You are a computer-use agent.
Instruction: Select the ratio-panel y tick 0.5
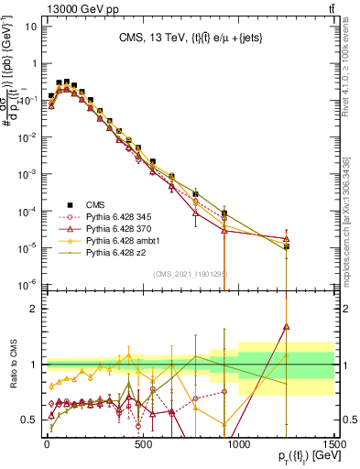tap(29, 420)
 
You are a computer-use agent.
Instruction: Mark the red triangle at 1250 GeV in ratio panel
tap(287, 325)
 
